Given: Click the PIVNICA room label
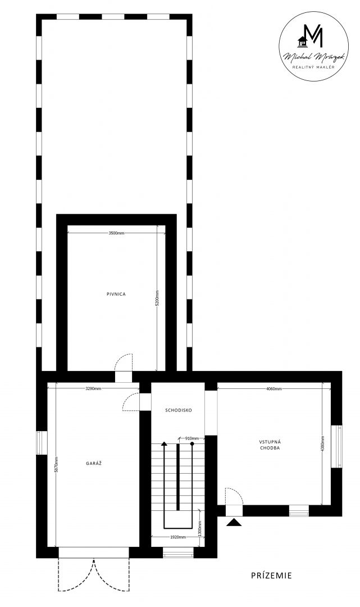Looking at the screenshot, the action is tap(116, 294).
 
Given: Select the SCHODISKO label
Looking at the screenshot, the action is tap(178, 410).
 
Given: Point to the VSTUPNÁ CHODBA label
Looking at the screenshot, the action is tap(270, 445).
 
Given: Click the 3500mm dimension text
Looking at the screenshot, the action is tap(116, 233).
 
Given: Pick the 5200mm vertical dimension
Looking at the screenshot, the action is tap(157, 298).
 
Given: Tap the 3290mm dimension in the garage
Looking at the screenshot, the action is tap(93, 388).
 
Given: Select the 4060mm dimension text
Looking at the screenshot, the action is tap(274, 389).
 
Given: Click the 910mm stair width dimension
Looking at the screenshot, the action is tap(192, 438).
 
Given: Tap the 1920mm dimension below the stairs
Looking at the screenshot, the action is tap(178, 537).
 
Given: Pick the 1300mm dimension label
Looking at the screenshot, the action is tap(199, 528).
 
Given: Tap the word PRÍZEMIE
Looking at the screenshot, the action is tap(271, 576).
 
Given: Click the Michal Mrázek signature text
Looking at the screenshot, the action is tap(313, 57).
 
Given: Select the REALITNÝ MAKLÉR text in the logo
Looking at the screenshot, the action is tap(313, 67).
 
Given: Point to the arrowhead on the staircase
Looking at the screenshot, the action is tap(165, 443).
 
